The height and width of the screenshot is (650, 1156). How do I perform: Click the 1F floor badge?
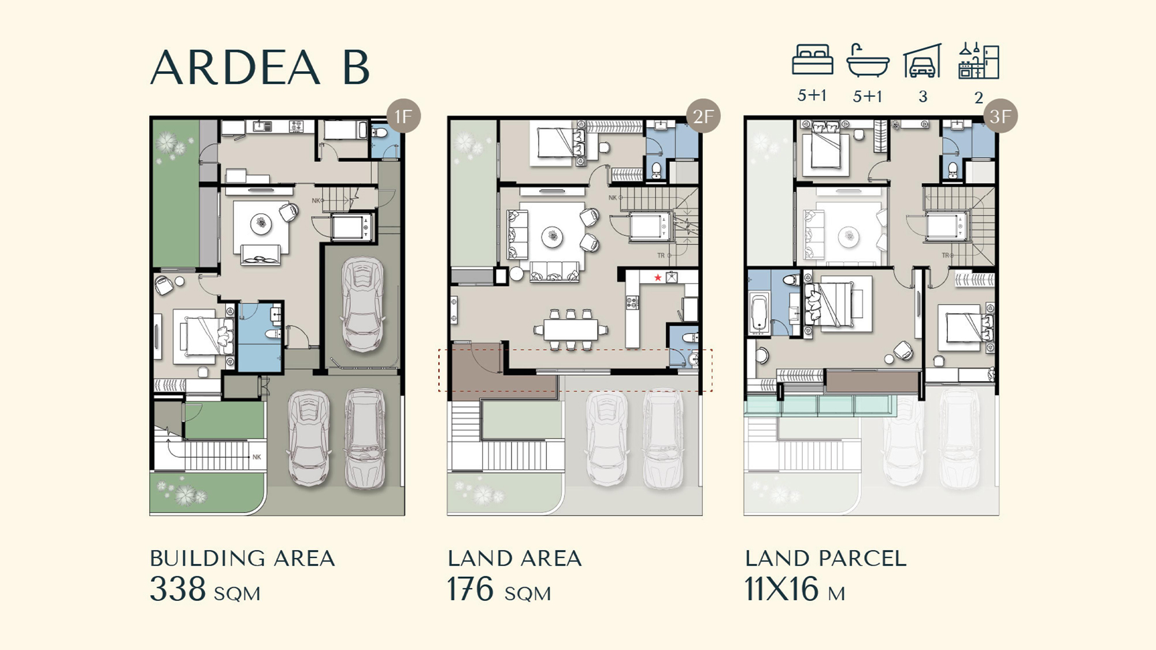tap(403, 116)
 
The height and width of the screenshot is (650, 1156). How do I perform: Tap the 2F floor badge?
tap(703, 116)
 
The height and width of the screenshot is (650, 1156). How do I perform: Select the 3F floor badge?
tap(1001, 116)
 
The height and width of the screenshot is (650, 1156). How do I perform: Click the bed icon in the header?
tap(812, 60)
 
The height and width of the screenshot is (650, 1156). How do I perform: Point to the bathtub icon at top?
tap(868, 61)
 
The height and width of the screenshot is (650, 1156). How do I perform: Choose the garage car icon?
tap(922, 61)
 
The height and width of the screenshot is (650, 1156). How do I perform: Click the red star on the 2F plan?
tap(658, 278)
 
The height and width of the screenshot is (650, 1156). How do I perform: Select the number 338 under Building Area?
tap(177, 589)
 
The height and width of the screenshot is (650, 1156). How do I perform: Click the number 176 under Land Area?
tap(470, 589)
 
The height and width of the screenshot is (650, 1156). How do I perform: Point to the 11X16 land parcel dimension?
tap(782, 589)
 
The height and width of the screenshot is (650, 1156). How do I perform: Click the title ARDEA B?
tap(260, 67)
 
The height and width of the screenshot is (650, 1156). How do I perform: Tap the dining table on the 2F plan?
tap(571, 330)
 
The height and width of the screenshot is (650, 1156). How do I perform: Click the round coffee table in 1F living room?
tap(261, 224)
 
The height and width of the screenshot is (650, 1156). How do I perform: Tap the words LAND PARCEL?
tap(826, 559)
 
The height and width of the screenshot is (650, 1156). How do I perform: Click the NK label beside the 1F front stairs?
tap(257, 456)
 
